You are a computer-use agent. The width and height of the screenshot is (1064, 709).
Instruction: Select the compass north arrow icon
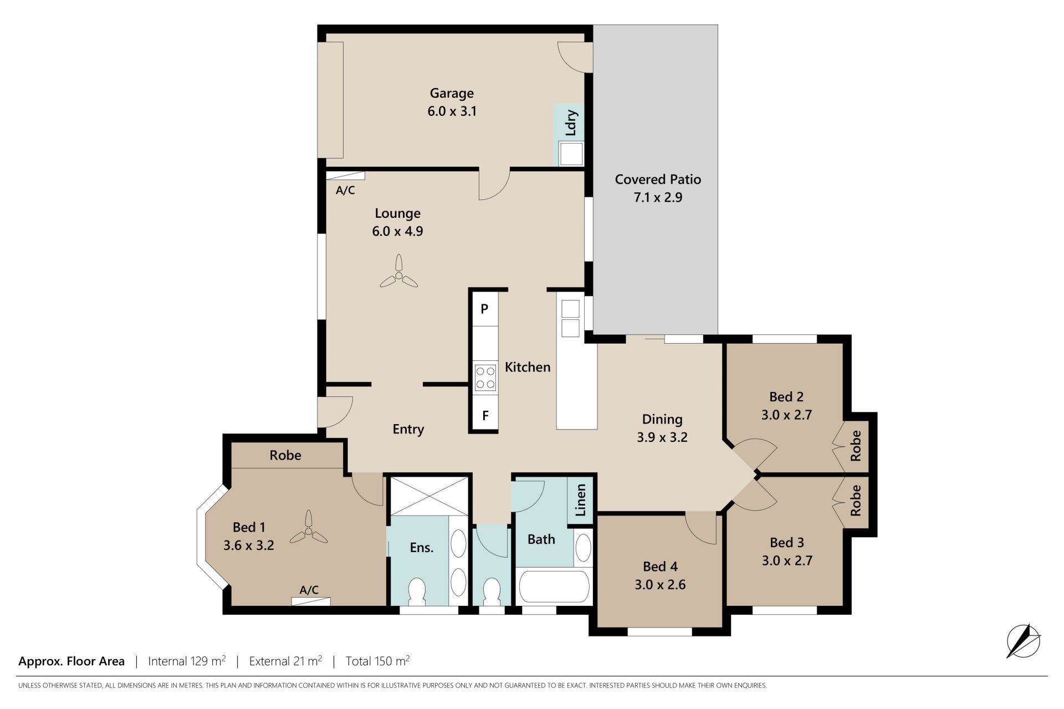[1023, 641]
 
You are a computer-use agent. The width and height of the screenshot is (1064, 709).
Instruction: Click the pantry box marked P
[485, 308]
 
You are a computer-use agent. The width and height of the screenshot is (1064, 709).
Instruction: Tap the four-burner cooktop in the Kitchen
[485, 377]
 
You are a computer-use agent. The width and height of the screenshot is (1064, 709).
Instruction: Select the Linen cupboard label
[580, 500]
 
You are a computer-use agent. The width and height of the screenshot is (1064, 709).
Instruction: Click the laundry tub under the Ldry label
[571, 154]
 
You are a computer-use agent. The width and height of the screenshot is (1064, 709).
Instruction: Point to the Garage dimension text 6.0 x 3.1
[452, 111]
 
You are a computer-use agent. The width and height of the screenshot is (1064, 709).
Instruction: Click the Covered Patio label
[658, 179]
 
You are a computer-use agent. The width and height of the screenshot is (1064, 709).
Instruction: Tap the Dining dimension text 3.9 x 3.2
[662, 437]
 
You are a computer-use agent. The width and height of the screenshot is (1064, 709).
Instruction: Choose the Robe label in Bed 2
[856, 446]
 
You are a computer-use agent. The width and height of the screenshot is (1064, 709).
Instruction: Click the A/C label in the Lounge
[345, 190]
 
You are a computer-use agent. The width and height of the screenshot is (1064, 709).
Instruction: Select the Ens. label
[421, 548]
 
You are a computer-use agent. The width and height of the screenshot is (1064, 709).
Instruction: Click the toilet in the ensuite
[417, 591]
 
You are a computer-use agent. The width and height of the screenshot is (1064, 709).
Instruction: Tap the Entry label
[408, 429]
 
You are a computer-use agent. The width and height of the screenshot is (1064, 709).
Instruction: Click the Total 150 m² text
[377, 661]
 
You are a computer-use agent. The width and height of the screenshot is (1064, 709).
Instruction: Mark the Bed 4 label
[660, 566]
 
